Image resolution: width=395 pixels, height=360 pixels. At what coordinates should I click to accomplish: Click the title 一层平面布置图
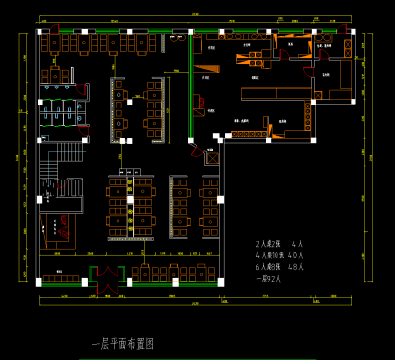click(122, 344)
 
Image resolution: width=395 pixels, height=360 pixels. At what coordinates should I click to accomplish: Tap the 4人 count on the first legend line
click(298, 243)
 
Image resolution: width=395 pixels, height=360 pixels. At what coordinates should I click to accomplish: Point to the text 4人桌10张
click(271, 254)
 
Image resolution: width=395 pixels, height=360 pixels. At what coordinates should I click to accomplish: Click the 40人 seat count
click(296, 254)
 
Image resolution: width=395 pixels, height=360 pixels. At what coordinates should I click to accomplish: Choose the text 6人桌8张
click(270, 266)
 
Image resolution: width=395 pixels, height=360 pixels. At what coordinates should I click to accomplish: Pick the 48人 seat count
click(296, 266)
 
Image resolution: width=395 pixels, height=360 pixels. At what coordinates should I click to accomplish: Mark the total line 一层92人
click(269, 278)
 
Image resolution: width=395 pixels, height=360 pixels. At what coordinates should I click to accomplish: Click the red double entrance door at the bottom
click(106, 275)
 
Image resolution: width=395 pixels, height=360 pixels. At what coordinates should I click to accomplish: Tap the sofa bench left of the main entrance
click(61, 278)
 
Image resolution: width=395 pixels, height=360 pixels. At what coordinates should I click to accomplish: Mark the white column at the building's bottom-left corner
click(39, 282)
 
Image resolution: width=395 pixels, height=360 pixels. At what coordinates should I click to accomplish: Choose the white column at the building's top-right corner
click(353, 32)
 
